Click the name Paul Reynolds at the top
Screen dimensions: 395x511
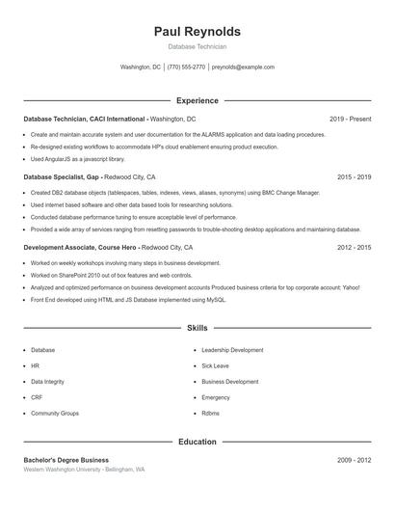coord(197,31)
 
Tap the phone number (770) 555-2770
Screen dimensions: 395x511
coord(186,67)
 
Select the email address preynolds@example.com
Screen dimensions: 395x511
coord(243,67)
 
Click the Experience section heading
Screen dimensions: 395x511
coord(197,100)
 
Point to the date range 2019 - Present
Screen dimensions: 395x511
coord(350,119)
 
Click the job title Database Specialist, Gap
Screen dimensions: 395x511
coord(61,177)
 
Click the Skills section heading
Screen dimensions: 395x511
coord(197,329)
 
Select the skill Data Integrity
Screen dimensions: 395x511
coord(48,382)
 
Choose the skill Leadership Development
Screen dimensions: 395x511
coord(232,350)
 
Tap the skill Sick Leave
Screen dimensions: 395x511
coord(215,366)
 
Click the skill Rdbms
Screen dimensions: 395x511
coord(210,413)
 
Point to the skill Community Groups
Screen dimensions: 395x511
coord(55,413)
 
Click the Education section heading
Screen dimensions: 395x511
coord(197,442)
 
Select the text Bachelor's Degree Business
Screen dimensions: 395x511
coord(66,460)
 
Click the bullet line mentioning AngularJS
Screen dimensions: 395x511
coord(78,158)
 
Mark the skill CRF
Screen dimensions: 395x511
coord(37,397)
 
